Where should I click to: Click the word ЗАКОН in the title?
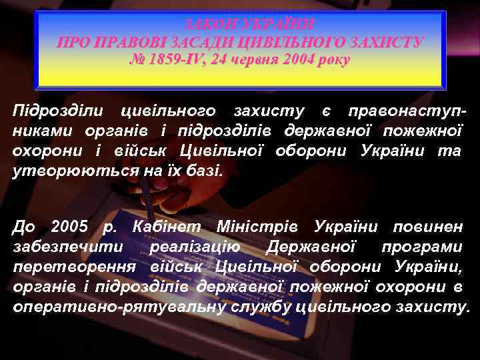click(211, 24)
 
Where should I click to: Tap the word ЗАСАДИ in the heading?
click(198, 43)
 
